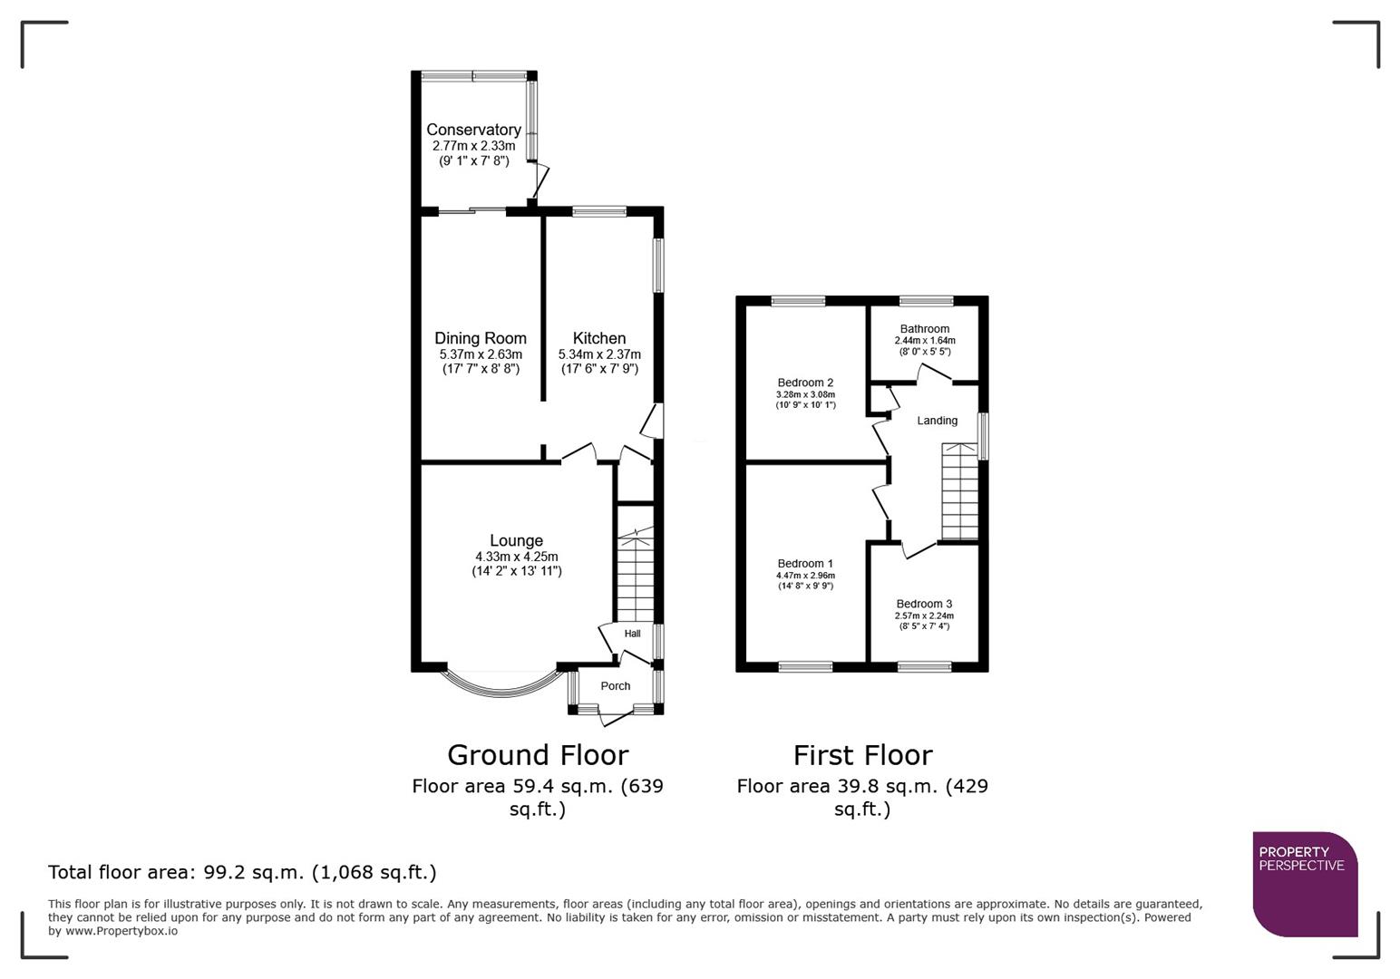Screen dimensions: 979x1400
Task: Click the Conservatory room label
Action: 473,130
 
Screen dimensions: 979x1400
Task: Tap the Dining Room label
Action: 480,338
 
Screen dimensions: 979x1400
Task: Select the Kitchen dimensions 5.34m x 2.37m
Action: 598,354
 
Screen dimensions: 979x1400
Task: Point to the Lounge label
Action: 516,541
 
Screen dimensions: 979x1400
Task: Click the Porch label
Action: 615,686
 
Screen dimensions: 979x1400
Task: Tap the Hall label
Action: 632,634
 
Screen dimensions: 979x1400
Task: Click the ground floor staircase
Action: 635,571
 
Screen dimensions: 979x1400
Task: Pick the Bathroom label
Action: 924,329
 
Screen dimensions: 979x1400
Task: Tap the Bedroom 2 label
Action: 805,383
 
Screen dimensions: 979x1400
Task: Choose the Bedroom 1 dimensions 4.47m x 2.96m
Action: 805,576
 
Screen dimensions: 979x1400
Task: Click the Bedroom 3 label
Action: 924,604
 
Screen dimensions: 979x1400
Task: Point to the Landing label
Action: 937,421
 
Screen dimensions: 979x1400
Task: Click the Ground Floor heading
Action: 538,755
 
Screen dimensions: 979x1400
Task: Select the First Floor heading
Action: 862,755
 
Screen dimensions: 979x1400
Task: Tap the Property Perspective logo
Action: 1305,884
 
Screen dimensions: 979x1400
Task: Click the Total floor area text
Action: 242,872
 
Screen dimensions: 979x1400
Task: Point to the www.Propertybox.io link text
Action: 121,931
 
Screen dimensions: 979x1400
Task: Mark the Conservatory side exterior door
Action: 540,182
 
